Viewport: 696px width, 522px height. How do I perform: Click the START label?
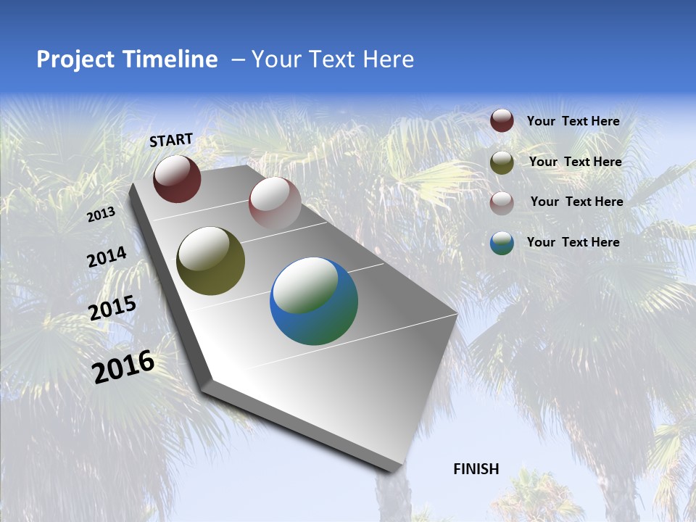(x=171, y=140)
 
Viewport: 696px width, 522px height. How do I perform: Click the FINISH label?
(x=476, y=469)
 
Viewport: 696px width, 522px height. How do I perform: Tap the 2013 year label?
(x=101, y=215)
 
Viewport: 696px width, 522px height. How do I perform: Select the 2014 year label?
(x=107, y=257)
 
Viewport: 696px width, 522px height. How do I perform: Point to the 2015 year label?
(x=112, y=308)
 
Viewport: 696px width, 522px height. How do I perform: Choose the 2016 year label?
(x=123, y=367)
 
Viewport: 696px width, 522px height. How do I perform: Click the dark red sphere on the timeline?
(x=177, y=179)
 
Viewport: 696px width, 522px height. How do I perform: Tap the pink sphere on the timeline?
(x=275, y=202)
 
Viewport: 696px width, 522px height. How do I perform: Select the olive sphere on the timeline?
(x=210, y=261)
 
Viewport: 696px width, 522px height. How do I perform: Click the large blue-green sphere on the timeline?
(x=314, y=301)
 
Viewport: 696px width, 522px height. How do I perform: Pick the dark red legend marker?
(x=502, y=121)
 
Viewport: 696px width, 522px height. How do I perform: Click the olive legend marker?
(x=502, y=162)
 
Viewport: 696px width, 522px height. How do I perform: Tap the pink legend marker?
(x=502, y=202)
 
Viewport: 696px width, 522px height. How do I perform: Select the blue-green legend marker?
(x=502, y=243)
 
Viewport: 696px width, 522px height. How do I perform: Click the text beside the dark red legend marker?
(x=573, y=122)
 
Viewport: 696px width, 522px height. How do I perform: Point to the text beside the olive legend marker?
(x=575, y=162)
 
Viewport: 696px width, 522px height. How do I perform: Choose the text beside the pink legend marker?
(x=576, y=202)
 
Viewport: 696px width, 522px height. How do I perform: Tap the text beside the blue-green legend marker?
(x=573, y=242)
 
